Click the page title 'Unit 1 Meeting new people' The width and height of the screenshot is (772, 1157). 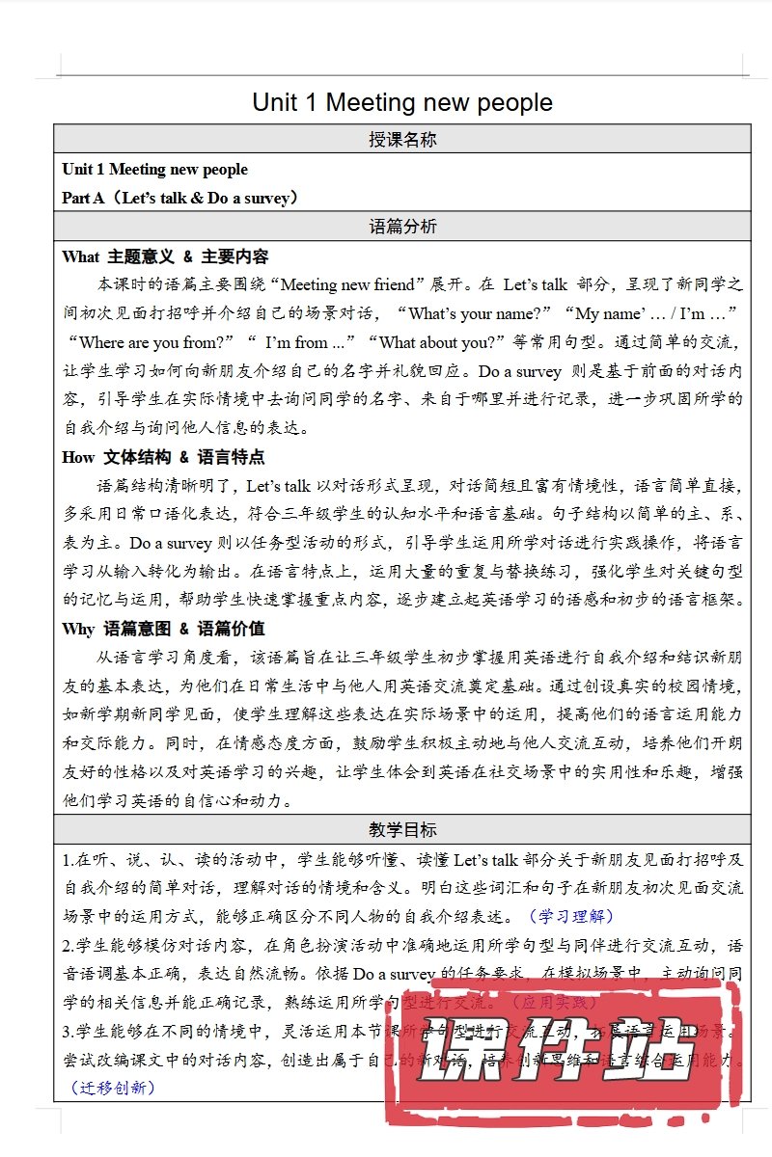click(402, 102)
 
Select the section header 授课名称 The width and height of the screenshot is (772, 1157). click(402, 140)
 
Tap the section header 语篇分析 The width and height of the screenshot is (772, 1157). click(402, 228)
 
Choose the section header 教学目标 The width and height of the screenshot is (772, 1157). click(402, 829)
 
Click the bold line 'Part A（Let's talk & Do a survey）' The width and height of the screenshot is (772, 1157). click(180, 198)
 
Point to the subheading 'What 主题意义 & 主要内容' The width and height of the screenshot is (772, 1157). click(165, 256)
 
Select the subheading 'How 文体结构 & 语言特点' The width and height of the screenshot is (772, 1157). click(163, 457)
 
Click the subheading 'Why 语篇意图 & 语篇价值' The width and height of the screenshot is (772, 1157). click(163, 629)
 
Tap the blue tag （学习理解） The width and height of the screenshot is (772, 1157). click(570, 916)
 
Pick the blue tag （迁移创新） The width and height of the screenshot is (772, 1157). click(113, 1088)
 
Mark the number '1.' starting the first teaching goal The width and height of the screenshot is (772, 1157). click(69, 858)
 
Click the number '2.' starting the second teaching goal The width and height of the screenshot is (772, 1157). click(69, 945)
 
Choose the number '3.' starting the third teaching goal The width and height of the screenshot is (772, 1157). click(69, 1032)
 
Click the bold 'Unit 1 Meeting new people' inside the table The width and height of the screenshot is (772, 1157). click(154, 170)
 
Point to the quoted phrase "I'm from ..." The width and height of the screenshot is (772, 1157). click(305, 342)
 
